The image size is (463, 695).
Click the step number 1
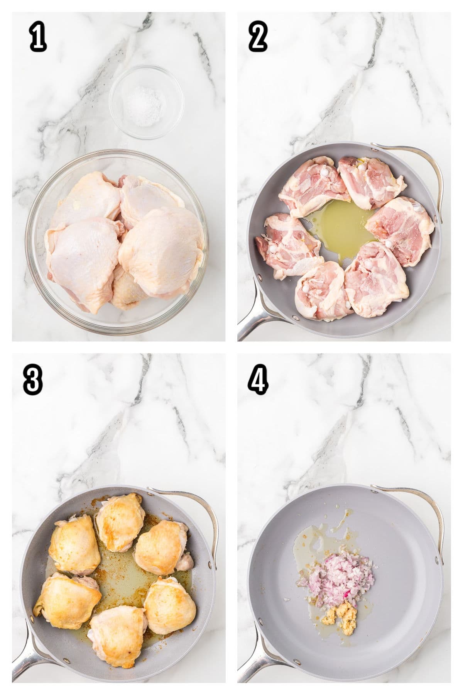(38, 39)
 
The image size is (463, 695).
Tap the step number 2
(258, 39)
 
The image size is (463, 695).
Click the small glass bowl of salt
(146, 102)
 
